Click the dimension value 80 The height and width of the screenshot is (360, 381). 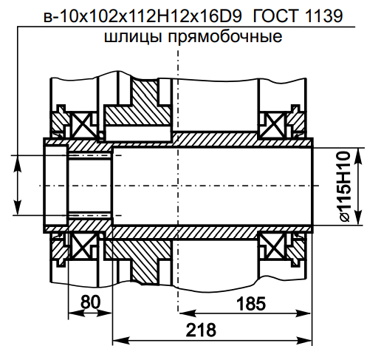point(91,302)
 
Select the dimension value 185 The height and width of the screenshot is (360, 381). point(251,304)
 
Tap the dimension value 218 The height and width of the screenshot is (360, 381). point(201,330)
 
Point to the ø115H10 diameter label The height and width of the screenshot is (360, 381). point(343,186)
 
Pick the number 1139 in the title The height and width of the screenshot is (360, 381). point(324,16)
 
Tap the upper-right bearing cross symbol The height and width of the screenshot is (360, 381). point(273,125)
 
